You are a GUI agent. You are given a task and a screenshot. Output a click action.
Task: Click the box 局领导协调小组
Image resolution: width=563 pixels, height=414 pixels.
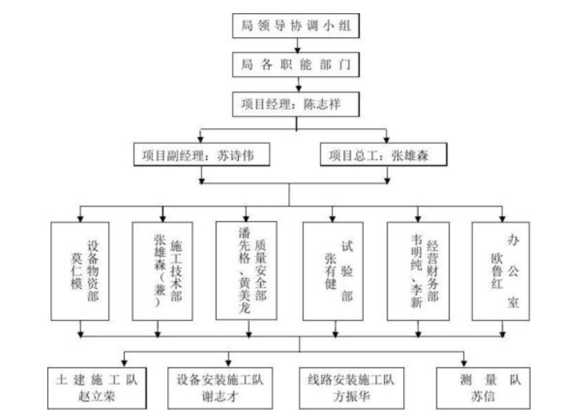[296, 26]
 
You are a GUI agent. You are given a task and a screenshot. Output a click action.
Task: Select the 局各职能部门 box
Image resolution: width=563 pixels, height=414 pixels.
[296, 65]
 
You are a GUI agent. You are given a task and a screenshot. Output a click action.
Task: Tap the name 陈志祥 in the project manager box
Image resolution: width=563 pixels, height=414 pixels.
[322, 104]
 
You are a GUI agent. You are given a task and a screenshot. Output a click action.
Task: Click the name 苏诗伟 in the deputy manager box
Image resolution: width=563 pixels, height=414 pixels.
[235, 155]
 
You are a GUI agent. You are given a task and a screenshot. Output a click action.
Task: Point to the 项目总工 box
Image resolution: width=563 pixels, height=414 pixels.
[383, 154]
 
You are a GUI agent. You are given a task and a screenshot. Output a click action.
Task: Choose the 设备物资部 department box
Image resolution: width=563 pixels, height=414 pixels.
[80, 271]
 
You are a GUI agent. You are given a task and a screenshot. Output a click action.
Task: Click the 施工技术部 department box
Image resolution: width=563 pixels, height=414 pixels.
[163, 271]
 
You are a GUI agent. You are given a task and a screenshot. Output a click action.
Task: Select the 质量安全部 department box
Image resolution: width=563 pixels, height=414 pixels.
[246, 271]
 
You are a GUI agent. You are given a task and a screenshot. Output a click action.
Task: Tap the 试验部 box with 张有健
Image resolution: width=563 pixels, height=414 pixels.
[333, 271]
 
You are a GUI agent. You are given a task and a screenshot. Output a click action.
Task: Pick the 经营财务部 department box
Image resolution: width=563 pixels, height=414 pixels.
[418, 271]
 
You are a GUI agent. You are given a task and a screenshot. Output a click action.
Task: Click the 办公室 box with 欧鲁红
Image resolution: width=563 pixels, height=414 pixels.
[501, 271]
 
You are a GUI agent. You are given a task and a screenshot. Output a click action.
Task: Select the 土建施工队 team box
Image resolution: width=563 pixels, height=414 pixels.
[97, 388]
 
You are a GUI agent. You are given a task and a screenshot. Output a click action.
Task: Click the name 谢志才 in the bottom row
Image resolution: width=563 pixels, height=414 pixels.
[220, 397]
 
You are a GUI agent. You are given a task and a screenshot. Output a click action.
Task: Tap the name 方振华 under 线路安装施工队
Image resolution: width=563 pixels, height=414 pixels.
[351, 397]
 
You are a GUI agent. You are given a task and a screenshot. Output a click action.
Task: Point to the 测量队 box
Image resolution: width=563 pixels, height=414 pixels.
[483, 388]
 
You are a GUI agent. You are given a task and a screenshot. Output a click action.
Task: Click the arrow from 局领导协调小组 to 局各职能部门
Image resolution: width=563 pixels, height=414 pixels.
[297, 45]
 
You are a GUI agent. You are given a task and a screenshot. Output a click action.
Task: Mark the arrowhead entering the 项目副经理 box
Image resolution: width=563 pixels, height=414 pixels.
[200, 139]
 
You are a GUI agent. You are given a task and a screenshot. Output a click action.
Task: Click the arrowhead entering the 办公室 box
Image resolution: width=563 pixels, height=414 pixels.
[502, 218]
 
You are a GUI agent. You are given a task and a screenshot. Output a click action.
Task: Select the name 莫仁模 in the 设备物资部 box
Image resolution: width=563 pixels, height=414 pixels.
[77, 271]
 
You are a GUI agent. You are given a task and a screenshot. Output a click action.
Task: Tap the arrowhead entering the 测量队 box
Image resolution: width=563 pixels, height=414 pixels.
[464, 364]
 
